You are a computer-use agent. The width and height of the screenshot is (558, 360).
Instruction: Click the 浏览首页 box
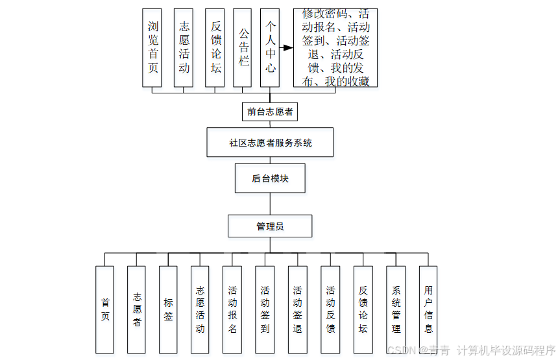coord(152,47)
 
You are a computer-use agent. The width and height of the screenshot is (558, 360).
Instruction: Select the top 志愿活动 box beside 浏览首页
coord(184,47)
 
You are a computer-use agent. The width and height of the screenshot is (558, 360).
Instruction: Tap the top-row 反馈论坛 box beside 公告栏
coord(215,47)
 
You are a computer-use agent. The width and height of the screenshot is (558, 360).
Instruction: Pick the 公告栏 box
coord(242,47)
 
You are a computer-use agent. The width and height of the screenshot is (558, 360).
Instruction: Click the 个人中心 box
coord(270,47)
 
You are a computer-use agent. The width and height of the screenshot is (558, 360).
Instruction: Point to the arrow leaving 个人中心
coord(286,47)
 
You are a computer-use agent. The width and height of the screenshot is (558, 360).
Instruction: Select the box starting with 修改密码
coord(335,47)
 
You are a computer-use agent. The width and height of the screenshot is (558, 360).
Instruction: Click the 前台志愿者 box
coord(270,112)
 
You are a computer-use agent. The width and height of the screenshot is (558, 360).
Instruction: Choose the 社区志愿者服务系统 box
coord(270,142)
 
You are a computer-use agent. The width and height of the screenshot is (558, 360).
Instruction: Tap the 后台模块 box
coord(270,178)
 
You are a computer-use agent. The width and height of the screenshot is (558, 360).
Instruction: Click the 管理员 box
coord(270,226)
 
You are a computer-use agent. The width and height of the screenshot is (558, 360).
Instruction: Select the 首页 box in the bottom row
coord(104,309)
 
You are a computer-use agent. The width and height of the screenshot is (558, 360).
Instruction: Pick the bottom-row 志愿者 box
coord(136,309)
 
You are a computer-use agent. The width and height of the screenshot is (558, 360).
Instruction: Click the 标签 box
coord(168,309)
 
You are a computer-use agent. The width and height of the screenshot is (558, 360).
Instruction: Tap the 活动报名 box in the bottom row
coord(232,309)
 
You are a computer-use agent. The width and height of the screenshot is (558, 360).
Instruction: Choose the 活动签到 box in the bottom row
coord(265,309)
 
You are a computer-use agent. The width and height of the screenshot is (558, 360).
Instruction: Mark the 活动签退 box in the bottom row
coord(297,309)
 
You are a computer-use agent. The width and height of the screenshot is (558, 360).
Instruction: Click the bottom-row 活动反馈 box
coord(330,309)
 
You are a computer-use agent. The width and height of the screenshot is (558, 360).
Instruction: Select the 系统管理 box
coord(396,309)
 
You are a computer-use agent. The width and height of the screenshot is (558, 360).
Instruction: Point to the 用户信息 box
coord(428,309)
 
